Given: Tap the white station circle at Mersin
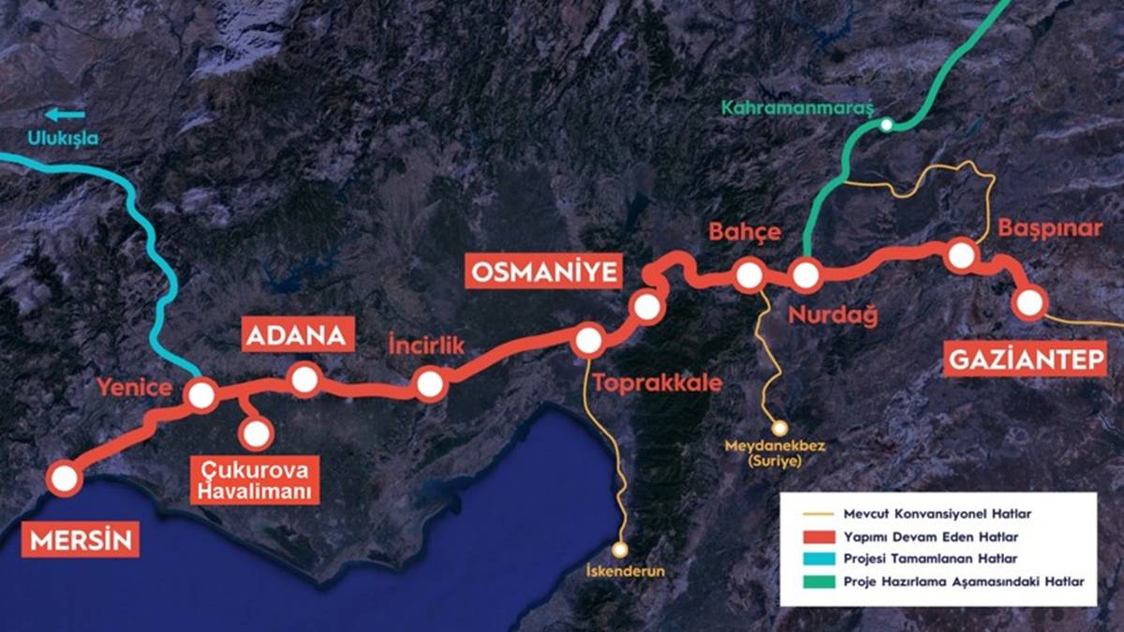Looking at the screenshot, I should [x=65, y=478].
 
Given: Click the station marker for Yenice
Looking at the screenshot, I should [x=201, y=395].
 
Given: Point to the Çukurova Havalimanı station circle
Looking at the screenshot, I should [x=256, y=433].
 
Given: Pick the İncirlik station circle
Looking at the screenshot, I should [x=430, y=384].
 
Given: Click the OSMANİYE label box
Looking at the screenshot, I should [x=544, y=272].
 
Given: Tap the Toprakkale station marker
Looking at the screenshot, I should [x=588, y=342].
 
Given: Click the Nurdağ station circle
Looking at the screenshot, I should [x=806, y=275].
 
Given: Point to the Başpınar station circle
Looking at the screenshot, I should [x=961, y=255].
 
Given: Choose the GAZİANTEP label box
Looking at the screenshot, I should [x=1026, y=360].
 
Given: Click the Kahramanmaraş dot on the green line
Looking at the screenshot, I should [x=886, y=125].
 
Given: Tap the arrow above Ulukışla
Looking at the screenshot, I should [x=65, y=114].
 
